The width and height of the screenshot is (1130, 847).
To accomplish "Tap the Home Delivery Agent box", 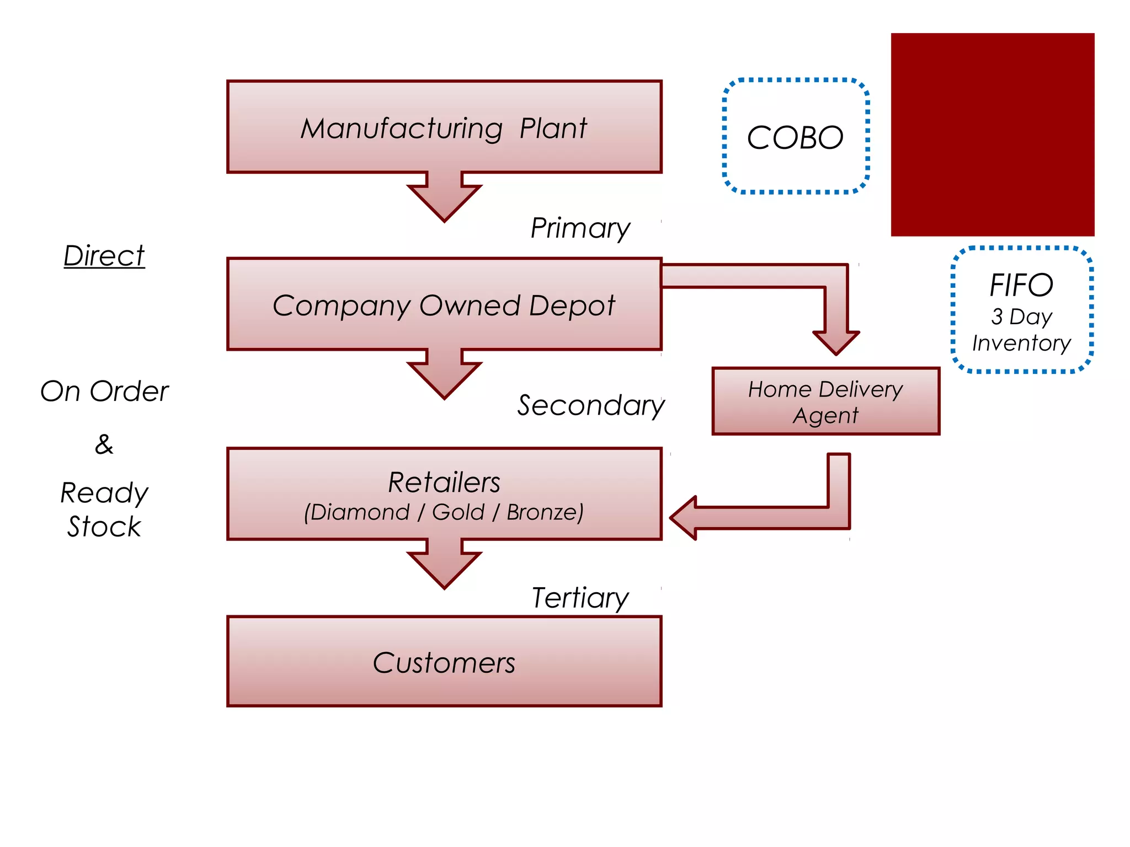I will pos(825,401).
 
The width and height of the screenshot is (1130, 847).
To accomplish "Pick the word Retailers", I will pos(444,482).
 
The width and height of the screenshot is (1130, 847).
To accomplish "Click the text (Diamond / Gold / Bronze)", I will pos(444,512).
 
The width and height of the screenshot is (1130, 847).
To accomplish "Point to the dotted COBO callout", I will pos(796,137).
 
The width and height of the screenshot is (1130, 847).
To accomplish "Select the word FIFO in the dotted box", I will pos(1021,285).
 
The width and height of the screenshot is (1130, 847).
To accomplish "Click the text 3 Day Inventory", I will pos(1021,330).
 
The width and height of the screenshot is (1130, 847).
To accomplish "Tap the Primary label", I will pos(580,228).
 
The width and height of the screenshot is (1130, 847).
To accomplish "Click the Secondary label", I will pos(591,405).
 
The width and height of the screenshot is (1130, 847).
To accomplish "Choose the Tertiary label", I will pos(580,598).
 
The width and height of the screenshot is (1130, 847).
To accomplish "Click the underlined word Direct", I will pos(104,256).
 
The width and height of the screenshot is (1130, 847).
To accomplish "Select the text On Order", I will pos(104,391).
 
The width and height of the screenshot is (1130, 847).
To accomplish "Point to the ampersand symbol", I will pos(104,444).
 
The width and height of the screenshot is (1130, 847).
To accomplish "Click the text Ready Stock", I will pos(104,509).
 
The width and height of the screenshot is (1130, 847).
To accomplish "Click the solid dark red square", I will pos(992,135).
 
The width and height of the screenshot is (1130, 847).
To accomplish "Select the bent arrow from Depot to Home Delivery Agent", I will pos(835,309).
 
